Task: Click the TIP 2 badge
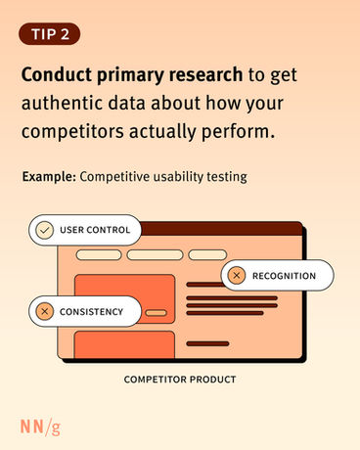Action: [50, 34]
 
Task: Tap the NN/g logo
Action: [40, 427]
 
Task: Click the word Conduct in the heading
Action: [57, 74]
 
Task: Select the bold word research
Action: [205, 74]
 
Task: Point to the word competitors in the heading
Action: [72, 132]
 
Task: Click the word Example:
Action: [49, 177]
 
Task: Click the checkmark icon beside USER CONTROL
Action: [45, 230]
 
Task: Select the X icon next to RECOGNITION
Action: [237, 276]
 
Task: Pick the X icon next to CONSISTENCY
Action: [45, 311]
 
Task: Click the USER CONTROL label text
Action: [95, 230]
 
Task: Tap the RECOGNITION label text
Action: [284, 276]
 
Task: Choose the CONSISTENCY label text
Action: [91, 312]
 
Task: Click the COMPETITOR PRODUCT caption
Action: [180, 380]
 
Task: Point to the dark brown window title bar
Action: [222, 229]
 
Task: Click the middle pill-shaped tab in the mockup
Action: [155, 254]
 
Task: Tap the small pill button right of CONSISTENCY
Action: [156, 313]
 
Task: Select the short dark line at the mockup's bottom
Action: [207, 343]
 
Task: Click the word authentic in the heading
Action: [62, 104]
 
